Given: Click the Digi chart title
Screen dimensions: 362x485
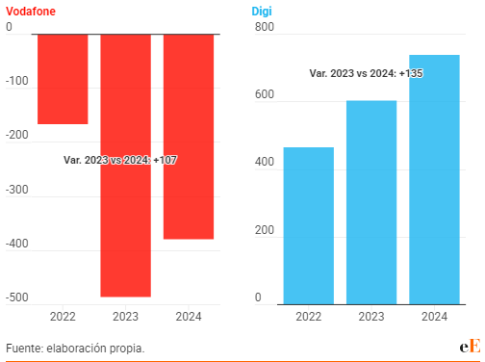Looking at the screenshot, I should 261,10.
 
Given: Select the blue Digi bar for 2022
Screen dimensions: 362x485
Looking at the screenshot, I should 309,225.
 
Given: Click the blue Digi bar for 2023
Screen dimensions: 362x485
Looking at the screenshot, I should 371,202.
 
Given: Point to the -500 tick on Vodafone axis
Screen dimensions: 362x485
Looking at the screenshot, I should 18,297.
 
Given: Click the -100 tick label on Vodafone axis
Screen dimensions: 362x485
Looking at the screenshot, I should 18,82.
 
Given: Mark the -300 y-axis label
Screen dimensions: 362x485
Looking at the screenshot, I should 18,190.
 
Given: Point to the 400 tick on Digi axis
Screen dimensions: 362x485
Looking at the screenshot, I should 264,164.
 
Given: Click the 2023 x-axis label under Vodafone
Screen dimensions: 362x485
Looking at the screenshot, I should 125,317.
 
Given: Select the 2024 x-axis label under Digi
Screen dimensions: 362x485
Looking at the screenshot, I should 434,317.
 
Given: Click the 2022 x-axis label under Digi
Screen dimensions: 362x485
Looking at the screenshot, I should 309,317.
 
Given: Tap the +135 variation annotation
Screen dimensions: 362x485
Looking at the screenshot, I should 367,73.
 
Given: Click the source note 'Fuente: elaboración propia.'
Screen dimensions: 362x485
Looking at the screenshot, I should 75,348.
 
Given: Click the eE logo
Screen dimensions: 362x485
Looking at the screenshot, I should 469,347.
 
